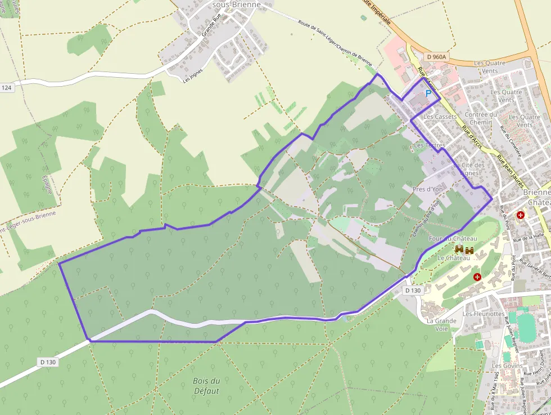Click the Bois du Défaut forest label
[x=206, y=386]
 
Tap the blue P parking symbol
[x=428, y=93]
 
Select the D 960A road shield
[x=436, y=57]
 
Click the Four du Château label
[x=449, y=239]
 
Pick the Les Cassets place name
[x=440, y=117]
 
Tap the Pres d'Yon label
[x=427, y=189]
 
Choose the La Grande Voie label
[x=441, y=324]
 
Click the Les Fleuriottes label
[x=483, y=314]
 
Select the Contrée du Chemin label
[x=481, y=118]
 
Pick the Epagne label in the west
[x=47, y=182]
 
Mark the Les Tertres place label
[x=429, y=145]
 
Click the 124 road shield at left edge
[x=6, y=88]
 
